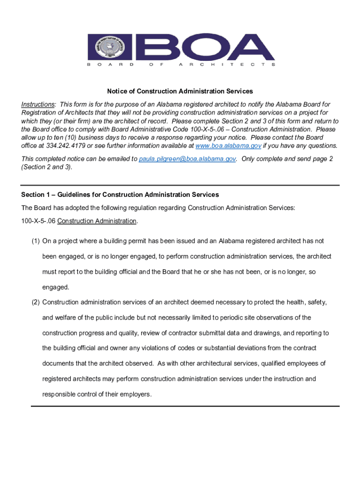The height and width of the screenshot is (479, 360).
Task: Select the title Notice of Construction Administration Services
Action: [180, 91]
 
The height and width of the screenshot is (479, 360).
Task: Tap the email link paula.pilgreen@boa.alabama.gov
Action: [187, 159]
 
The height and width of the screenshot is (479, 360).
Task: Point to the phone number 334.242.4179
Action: [57, 146]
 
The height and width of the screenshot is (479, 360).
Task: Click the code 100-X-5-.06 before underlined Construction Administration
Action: [38, 221]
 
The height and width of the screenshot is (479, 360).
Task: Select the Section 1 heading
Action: [120, 195]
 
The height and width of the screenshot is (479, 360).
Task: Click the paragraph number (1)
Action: [36, 241]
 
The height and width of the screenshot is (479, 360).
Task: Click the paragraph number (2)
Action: [36, 303]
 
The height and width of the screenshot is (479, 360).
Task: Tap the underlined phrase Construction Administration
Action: [97, 221]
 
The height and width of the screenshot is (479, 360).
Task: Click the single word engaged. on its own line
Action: [56, 287]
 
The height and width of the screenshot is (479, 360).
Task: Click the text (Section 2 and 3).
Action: [47, 167]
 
